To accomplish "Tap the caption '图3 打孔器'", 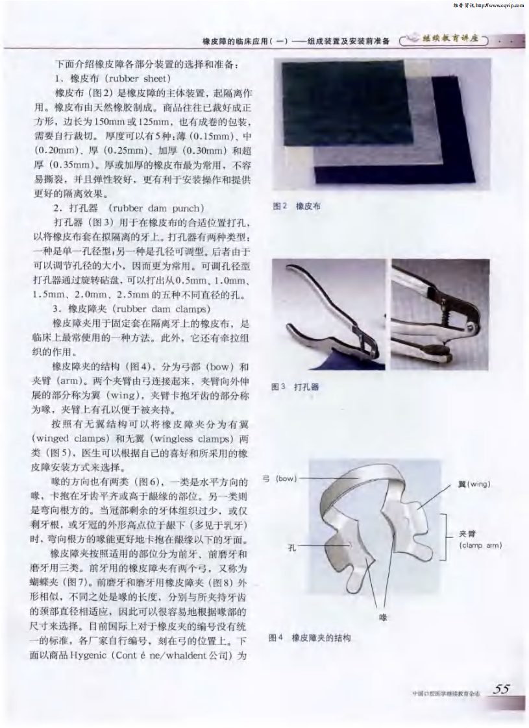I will pos(296,387).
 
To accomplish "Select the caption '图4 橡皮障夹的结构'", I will pos(310,638).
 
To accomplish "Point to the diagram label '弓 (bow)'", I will pos(279,479).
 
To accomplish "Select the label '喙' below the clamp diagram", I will pos(383,617).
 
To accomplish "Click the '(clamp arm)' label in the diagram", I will pos(480,546).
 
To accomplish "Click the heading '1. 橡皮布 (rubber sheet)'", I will pos(113,79).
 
